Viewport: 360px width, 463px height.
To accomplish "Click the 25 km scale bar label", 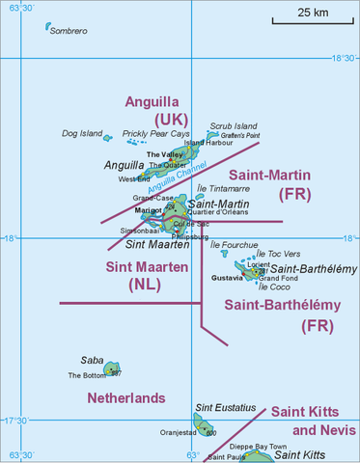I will click(x=312, y=13).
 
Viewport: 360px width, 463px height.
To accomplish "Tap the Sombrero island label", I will click(x=68, y=32).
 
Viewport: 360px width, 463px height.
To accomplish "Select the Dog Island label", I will click(x=81, y=133).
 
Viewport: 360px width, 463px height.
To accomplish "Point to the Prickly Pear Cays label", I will click(x=149, y=133).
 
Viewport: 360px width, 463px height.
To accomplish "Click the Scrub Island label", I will click(x=234, y=125).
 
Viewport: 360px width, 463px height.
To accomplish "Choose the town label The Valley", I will click(x=164, y=154).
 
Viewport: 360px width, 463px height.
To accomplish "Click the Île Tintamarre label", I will click(x=223, y=189).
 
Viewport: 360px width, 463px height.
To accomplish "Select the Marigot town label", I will click(x=148, y=209).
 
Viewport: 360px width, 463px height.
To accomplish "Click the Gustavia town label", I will click(x=227, y=278).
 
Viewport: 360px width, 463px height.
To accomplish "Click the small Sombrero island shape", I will click(x=48, y=27).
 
